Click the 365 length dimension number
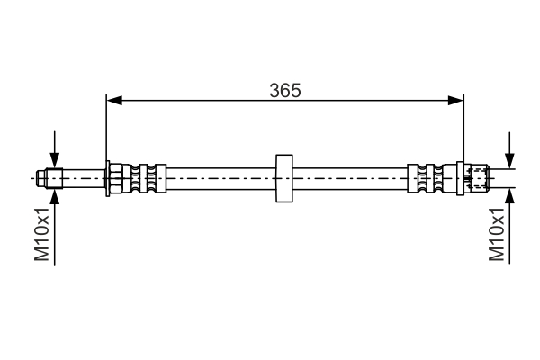coord(284,90)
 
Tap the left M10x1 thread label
coord(42,234)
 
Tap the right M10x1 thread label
coord(497,234)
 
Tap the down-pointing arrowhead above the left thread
coord(56,161)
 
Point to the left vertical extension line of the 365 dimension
coord(107,126)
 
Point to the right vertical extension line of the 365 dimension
coord(463,126)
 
